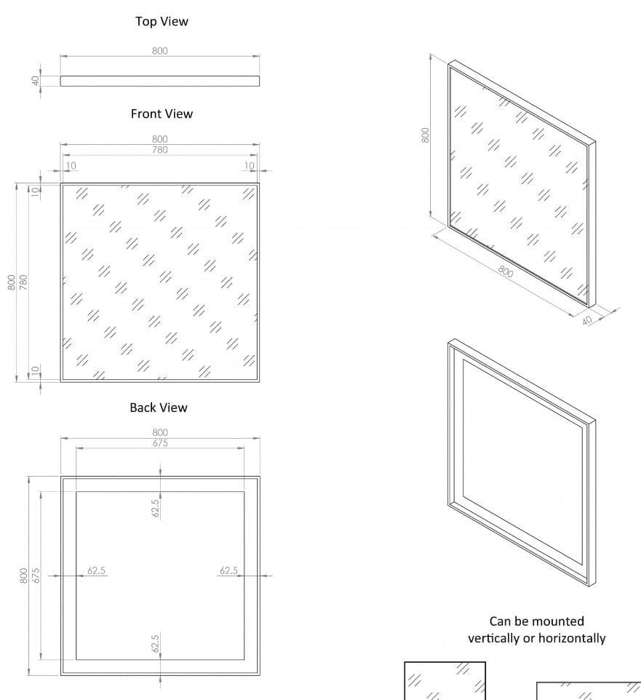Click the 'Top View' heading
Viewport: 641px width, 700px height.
162,22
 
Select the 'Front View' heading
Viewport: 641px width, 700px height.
162,114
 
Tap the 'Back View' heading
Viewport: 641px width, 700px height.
159,407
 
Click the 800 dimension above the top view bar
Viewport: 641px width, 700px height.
160,51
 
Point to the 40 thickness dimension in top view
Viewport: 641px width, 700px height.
35,81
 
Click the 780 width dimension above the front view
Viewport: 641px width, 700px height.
160,150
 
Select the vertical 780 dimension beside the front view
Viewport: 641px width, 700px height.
23,282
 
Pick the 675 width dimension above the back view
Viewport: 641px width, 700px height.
160,442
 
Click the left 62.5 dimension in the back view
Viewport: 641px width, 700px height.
97,570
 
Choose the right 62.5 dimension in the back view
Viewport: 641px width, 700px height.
229,570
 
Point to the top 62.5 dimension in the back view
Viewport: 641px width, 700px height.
156,507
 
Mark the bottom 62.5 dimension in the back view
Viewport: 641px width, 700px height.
156,643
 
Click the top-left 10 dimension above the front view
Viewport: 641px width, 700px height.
71,166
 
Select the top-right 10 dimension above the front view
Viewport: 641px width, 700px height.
249,166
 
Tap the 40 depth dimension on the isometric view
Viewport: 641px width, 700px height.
588,320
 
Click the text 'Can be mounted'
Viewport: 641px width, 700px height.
536,621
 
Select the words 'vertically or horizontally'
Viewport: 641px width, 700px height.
536,638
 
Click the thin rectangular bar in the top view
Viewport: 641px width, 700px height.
159,81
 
